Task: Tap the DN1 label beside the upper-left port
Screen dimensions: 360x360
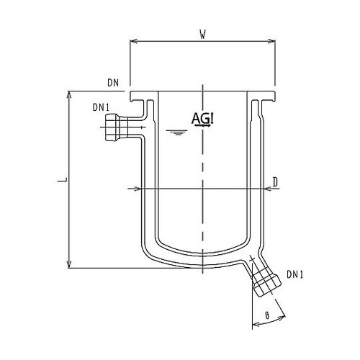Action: pos(100,108)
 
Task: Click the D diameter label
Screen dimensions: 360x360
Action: pos(276,181)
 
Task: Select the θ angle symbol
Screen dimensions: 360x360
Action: pos(269,315)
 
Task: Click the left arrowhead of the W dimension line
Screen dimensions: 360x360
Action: pos(132,41)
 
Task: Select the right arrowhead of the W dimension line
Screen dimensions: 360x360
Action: pos(274,41)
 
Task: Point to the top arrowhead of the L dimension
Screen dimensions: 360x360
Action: pos(70,94)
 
